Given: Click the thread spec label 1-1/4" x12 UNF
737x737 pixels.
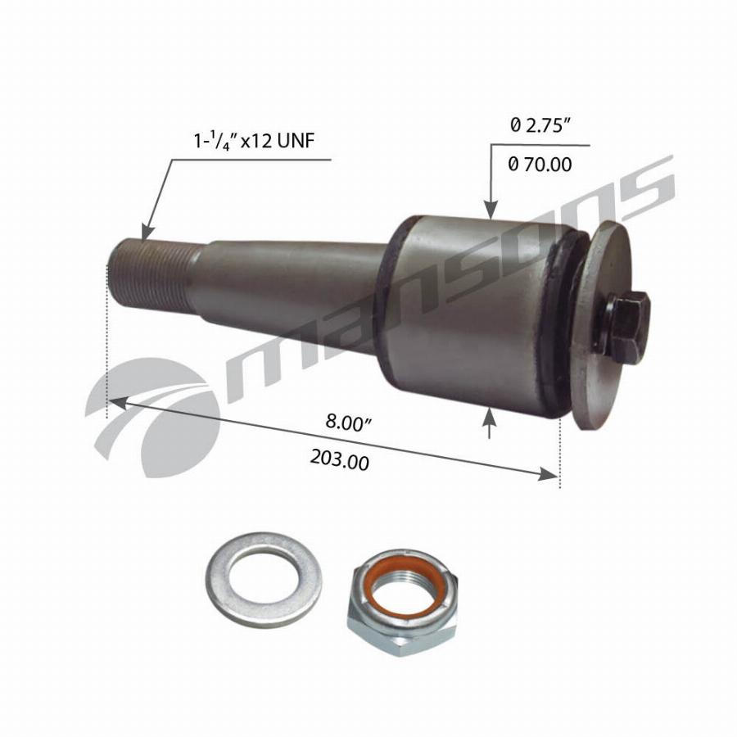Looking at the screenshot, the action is pos(254,140).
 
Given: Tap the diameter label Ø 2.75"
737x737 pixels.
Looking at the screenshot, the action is pos(540,125).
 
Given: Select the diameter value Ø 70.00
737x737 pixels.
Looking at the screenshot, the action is pos(540,164).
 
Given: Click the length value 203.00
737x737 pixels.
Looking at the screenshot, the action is pos(339,459).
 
